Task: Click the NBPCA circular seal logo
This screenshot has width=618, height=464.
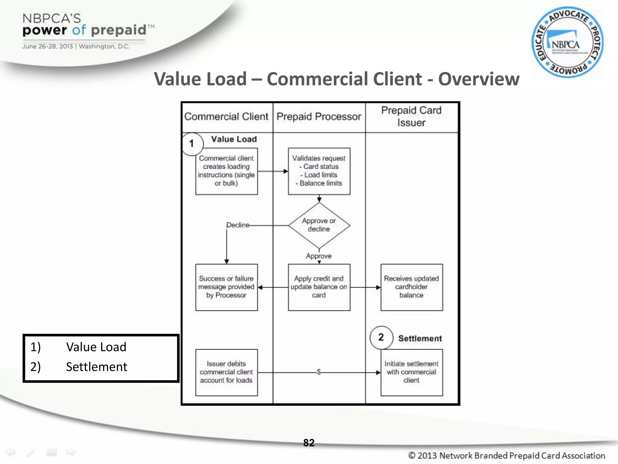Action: point(567,42)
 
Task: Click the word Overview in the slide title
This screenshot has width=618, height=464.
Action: point(479,79)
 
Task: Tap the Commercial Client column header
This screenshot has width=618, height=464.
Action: point(226,117)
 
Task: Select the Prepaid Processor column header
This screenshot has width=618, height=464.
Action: point(319,117)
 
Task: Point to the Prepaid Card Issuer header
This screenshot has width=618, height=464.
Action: point(411,117)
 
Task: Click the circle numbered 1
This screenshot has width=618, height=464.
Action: point(192,144)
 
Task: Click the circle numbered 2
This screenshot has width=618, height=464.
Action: point(381,337)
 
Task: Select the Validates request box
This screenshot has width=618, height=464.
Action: point(319,171)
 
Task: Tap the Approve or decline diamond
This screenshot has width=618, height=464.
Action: point(319,225)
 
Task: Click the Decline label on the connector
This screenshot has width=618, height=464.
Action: point(238,225)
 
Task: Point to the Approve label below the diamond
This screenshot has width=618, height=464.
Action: point(319,256)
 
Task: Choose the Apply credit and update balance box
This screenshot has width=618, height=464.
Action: point(319,287)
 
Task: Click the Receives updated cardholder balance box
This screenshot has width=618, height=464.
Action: point(411,287)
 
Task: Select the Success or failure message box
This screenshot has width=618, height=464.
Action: point(226,287)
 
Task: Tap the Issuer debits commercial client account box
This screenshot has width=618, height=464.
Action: point(226,372)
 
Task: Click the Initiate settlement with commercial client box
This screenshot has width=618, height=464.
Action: point(411,372)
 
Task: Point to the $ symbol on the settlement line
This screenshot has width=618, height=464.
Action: point(319,372)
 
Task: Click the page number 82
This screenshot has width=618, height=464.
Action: point(309,443)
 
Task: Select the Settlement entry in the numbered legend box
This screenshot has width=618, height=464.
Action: point(97,367)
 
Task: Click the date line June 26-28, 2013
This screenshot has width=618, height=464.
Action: point(75,47)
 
